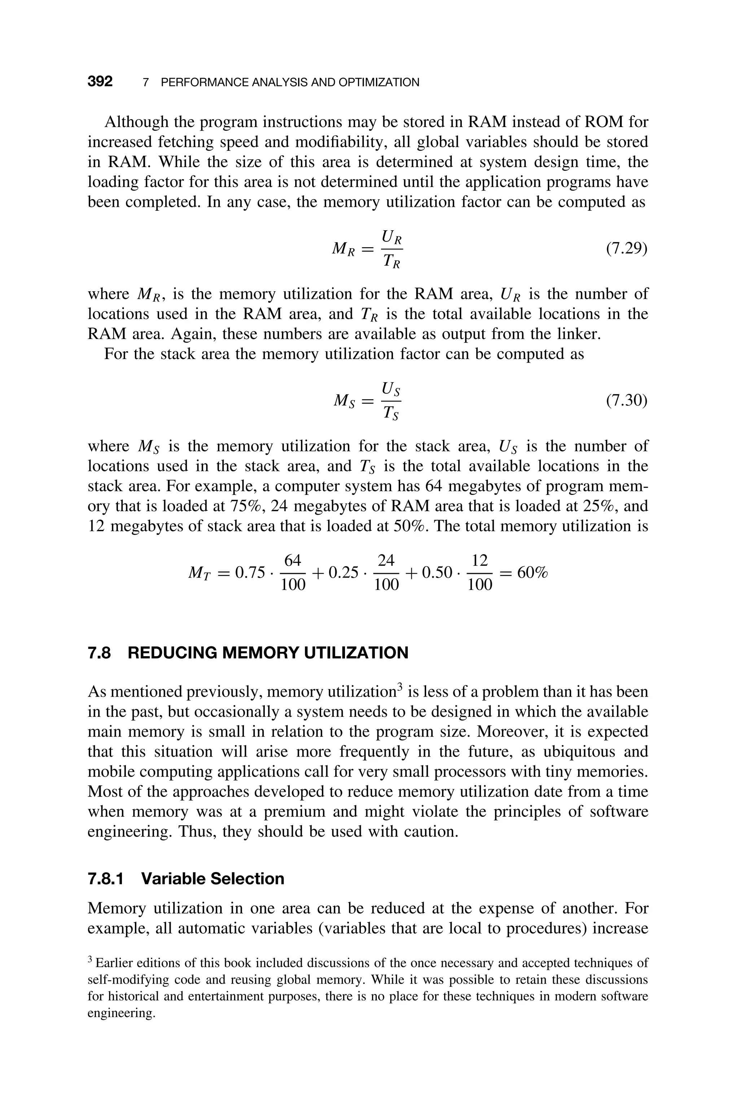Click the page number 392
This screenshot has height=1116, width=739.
[100, 82]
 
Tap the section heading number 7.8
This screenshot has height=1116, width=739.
[100, 653]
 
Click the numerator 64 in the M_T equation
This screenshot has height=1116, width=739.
[292, 561]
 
